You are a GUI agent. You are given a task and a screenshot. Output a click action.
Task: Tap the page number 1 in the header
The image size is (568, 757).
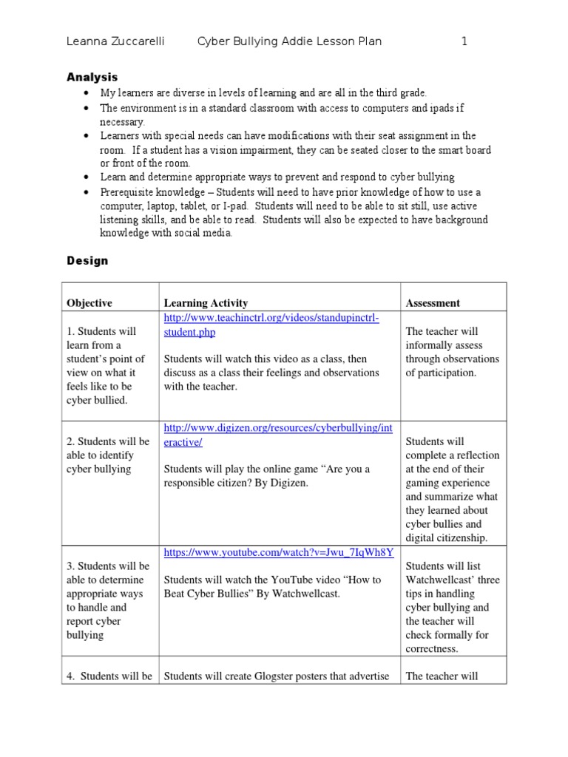point(464,41)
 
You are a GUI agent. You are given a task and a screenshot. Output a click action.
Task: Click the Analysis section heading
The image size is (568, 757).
point(92,77)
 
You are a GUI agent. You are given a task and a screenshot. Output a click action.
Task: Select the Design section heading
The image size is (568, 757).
point(87,260)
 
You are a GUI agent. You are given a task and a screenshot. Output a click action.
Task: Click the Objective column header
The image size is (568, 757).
point(89,303)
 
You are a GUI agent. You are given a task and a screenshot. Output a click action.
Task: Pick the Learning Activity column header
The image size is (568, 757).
point(206,303)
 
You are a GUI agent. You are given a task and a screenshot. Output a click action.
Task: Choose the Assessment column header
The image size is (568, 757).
point(433,303)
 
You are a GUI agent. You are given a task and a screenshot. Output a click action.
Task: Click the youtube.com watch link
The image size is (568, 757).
point(278,552)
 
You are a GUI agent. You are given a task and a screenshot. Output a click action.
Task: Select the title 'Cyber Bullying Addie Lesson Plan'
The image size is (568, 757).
point(289,41)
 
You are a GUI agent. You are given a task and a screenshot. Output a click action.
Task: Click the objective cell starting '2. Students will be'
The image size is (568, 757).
point(108,455)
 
